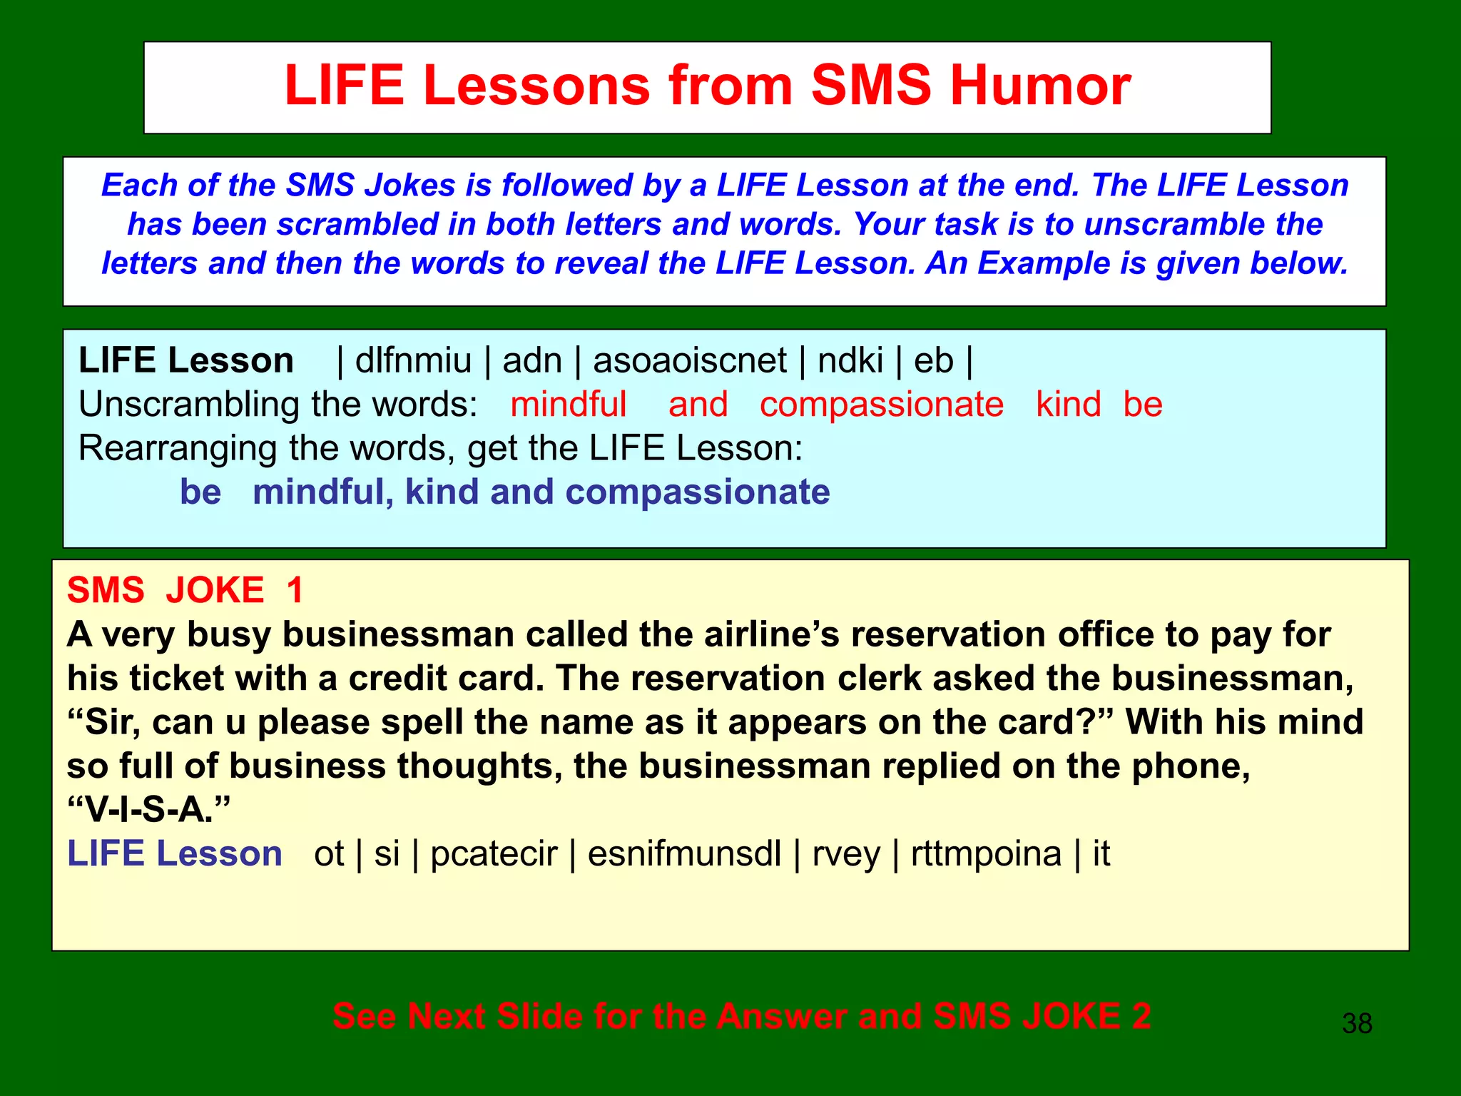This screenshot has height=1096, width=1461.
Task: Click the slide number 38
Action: click(x=1356, y=1023)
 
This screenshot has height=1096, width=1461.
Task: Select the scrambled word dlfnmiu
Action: click(x=413, y=360)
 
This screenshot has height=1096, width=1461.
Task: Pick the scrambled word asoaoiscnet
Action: click(x=689, y=360)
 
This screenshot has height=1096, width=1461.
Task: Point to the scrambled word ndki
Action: click(x=850, y=360)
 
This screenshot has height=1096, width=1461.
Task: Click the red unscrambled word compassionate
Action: click(x=881, y=405)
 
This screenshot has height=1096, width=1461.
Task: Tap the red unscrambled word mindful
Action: click(x=568, y=405)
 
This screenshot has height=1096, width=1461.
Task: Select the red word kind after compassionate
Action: click(x=1068, y=405)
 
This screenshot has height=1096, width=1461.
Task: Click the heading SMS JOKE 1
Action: click(x=185, y=590)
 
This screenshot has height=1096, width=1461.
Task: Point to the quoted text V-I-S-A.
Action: click(x=148, y=810)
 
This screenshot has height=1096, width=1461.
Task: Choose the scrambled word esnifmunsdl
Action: click(x=684, y=854)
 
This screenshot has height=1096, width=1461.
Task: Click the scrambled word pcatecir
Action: click(x=494, y=854)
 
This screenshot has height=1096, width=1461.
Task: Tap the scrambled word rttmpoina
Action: click(x=986, y=854)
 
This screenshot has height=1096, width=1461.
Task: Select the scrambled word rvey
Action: click(x=846, y=854)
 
